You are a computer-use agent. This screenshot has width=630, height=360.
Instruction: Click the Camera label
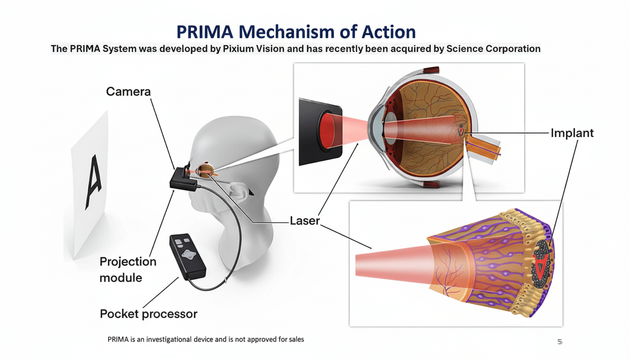coord(128,91)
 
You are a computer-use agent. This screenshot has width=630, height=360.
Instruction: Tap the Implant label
coord(572,133)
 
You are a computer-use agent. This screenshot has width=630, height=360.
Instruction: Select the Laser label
coord(305,220)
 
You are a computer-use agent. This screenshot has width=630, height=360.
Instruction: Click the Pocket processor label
coord(149,313)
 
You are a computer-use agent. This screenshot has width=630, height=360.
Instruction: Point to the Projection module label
coord(127,270)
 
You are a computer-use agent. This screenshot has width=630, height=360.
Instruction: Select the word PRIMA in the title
coord(204,31)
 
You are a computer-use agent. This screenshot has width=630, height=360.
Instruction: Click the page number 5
coord(559,342)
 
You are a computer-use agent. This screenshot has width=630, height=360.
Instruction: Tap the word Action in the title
coord(389,31)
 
